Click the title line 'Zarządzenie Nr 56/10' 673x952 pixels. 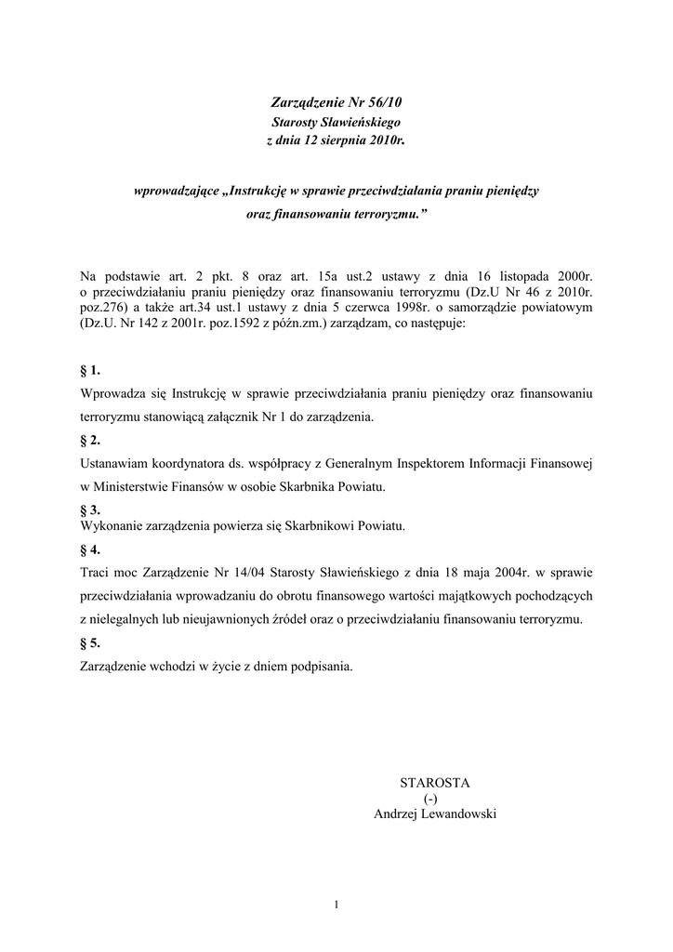tap(336, 103)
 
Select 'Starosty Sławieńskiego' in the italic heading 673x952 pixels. tap(336, 122)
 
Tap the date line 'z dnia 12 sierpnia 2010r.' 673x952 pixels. tap(336, 140)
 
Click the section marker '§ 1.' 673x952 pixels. tap(91, 370)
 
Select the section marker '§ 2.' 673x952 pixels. tap(91, 440)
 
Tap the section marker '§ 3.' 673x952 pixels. tap(91, 509)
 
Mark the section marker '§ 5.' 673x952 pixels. tap(91, 642)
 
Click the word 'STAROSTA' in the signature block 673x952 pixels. tap(435, 782)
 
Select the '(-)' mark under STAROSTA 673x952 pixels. tap(429, 798)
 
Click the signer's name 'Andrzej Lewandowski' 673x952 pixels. tap(435, 813)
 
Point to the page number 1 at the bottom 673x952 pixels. tap(336, 903)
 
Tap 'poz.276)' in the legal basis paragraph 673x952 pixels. tap(105, 309)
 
